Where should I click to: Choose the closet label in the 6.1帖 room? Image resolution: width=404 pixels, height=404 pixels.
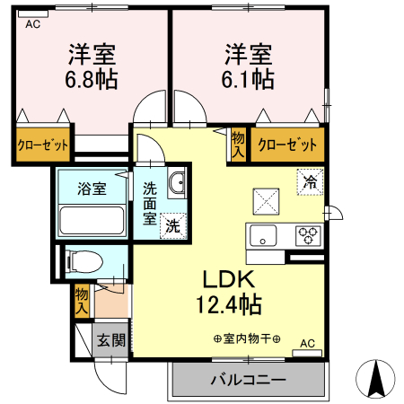tap(287, 145)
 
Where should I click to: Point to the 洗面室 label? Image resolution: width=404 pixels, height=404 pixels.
tap(149, 203)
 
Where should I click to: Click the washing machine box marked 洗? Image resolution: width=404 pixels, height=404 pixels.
tap(172, 227)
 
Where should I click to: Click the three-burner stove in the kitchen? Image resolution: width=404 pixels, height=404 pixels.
tap(309, 237)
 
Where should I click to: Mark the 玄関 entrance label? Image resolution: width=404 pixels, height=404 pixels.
tap(111, 341)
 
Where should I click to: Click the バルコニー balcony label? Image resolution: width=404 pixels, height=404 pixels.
tap(248, 380)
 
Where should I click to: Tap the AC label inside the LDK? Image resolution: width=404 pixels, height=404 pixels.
tap(307, 343)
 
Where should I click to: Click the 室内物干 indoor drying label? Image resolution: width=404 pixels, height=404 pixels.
tap(246, 338)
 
